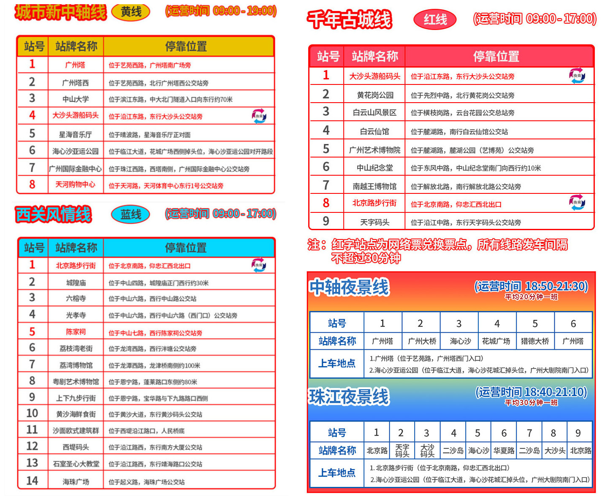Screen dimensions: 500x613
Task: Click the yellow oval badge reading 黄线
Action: point(131,12)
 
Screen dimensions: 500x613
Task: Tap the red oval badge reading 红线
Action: point(435,19)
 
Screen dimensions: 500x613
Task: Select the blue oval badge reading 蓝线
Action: point(131,215)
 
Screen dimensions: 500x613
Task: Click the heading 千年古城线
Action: point(350,19)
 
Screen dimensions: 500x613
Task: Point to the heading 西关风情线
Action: point(53,215)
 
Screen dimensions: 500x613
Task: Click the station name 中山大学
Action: point(76,99)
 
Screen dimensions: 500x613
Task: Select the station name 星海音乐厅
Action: point(76,135)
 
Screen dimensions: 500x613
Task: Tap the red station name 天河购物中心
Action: point(76,185)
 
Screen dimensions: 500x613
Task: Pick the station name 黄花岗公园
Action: point(375,95)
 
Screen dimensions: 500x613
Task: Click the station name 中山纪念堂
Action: point(375,168)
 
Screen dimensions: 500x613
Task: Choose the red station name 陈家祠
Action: point(76,332)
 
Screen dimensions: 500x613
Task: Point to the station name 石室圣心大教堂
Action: point(76,464)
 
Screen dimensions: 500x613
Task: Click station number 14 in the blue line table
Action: point(32,481)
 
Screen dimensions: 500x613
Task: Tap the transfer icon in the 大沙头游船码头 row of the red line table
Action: point(577,76)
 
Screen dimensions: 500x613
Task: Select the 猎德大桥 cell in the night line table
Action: point(535,341)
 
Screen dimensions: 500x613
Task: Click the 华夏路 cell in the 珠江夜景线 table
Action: point(504,451)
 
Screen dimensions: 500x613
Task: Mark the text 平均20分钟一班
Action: point(531,297)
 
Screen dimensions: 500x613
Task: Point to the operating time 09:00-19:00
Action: point(245,11)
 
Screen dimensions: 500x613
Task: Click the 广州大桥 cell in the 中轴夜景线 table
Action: point(420,341)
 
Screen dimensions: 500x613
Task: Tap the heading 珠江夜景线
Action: point(349,397)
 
